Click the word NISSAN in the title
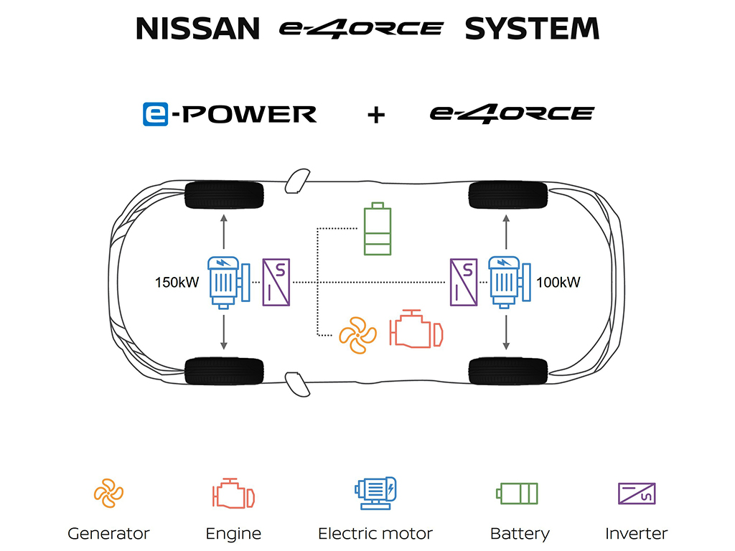tap(197, 29)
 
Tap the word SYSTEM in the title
tap(532, 29)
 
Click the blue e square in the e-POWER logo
tap(155, 114)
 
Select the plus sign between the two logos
tap(376, 115)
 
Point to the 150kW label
tap(177, 282)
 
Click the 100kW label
tap(558, 282)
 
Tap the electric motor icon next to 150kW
tap(229, 283)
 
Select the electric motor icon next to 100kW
tap(509, 282)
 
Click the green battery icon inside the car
tap(378, 229)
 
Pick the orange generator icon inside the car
tap(357, 335)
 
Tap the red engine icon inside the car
tap(416, 329)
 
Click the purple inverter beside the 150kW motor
tap(276, 282)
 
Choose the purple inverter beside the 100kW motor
tap(464, 282)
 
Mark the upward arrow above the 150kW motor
tap(224, 232)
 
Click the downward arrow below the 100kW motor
tap(506, 332)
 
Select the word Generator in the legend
tap(108, 533)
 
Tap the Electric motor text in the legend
tap(375, 533)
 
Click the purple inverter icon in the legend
tap(637, 494)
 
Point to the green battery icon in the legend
tap(517, 494)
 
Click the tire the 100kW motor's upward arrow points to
tap(508, 195)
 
